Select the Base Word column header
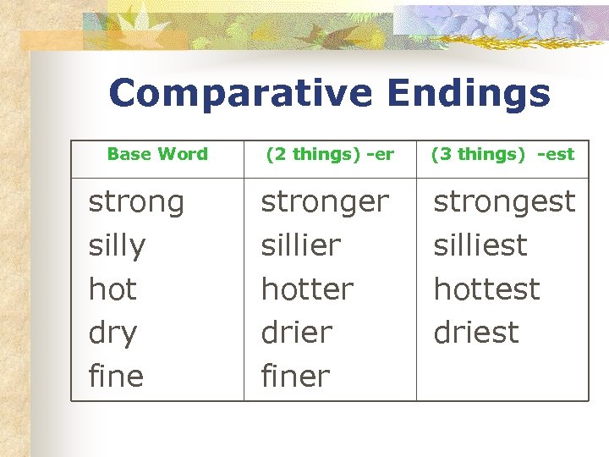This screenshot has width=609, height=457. [x=157, y=154]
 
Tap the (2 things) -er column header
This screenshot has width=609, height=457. [x=330, y=154]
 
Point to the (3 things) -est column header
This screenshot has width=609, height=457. [x=502, y=154]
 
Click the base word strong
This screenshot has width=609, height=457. [x=136, y=202]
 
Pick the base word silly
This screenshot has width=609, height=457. [x=117, y=246]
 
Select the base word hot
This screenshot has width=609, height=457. [x=112, y=289]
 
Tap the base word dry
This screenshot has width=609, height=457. [x=112, y=333]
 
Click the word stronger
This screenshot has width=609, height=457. [x=325, y=202]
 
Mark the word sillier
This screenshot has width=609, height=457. [x=300, y=246]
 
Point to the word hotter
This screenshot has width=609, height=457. [x=307, y=289]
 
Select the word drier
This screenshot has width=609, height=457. [x=296, y=333]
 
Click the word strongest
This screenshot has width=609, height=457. [x=504, y=202]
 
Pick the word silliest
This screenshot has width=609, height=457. [x=480, y=246]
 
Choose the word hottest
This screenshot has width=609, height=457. [x=486, y=289]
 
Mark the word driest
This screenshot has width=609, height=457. [x=476, y=333]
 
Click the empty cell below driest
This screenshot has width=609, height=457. [x=502, y=377]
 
